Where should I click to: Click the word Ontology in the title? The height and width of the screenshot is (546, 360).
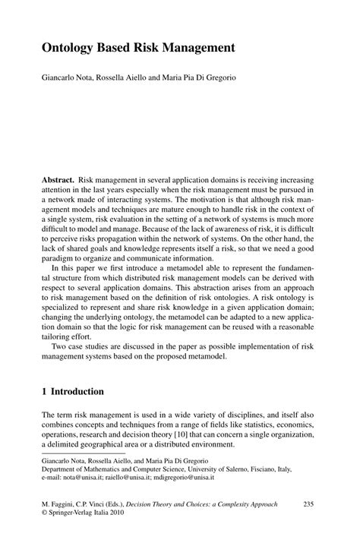[x=68, y=47]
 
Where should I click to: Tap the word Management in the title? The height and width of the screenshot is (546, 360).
[x=193, y=47]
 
